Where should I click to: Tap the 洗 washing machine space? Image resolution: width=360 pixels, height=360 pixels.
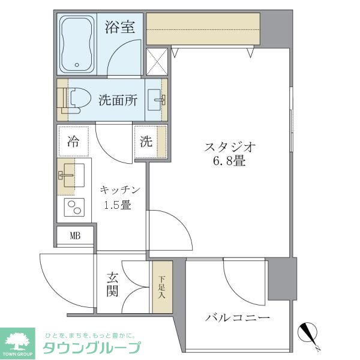pyautogui.click(x=147, y=142)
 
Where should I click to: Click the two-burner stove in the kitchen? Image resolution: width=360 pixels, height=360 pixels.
pyautogui.click(x=74, y=208)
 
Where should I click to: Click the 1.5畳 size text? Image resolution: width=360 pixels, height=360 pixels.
pyautogui.click(x=118, y=205)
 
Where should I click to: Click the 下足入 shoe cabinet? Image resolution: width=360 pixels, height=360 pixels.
pyautogui.click(x=161, y=287)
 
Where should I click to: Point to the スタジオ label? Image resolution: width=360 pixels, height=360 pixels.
pyautogui.click(x=231, y=146)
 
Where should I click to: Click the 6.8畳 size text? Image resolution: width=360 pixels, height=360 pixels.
pyautogui.click(x=230, y=161)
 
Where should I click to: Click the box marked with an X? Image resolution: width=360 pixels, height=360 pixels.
pyautogui.click(x=157, y=61)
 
